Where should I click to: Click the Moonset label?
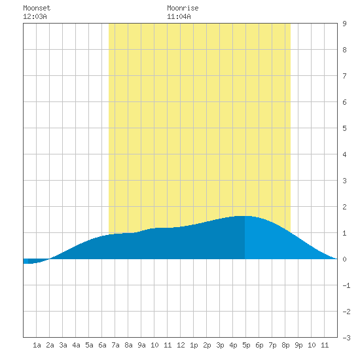click(x=37, y=8)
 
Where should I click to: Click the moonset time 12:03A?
click(x=35, y=16)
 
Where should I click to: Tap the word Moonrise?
click(x=183, y=8)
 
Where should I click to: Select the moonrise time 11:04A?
click(x=179, y=16)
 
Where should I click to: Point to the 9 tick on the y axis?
click(x=344, y=24)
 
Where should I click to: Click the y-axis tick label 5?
click(x=344, y=128)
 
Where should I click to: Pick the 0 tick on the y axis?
click(x=344, y=259)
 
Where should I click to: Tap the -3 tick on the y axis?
click(x=347, y=338)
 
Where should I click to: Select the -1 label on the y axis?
click(x=347, y=285)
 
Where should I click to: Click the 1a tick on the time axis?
click(x=37, y=345)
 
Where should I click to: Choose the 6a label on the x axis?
click(x=102, y=345)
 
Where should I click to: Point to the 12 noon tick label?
click(x=181, y=345)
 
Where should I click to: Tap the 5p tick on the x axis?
click(x=246, y=345)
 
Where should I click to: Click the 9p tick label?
click(x=298, y=345)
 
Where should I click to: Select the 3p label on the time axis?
click(x=220, y=345)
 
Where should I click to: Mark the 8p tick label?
click(x=285, y=345)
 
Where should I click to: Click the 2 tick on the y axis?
click(x=344, y=207)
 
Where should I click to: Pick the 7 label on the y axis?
click(x=344, y=76)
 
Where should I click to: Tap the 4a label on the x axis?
click(x=76, y=345)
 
